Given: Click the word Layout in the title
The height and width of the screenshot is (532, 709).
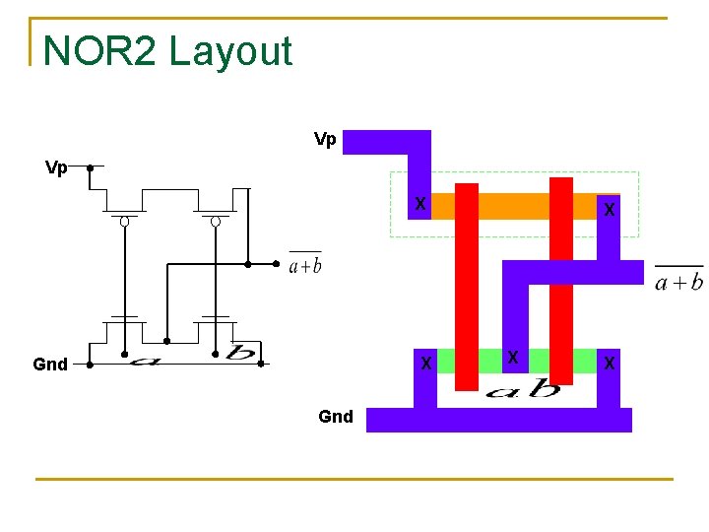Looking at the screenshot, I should coord(230,51).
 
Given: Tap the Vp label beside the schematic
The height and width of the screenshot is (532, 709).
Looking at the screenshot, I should coord(56,167).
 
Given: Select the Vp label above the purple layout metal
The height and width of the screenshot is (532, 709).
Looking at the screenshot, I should coord(325,140).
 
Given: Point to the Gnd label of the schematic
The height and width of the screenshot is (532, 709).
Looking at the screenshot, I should coord(50,365).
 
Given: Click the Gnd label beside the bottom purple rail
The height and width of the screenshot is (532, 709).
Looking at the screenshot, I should coord(336,417).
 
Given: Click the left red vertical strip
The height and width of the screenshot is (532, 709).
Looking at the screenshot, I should coord(467,286).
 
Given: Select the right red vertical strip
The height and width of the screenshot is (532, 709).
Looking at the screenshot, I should coord(561,281).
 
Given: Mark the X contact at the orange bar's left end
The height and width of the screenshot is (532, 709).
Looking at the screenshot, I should coord(420,205).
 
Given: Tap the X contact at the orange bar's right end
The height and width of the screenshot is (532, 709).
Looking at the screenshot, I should coord(611,209).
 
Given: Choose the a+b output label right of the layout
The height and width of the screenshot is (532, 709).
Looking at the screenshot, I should coord(678,282).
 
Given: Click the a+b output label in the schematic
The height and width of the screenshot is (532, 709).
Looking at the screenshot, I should coord(304,264).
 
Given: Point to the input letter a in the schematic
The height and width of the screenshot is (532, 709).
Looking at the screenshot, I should coord(145,360).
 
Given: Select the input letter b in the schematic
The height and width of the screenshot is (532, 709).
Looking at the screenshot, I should coord(237,353).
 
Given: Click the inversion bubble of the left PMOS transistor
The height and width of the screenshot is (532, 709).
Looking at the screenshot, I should coord(125,222).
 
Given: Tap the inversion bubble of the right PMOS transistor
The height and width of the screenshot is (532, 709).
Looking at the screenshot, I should coord(216,222).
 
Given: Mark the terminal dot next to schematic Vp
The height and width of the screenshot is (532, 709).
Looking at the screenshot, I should coord(90,167).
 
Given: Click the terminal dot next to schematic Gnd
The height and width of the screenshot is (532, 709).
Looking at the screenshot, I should coord(90,364).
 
